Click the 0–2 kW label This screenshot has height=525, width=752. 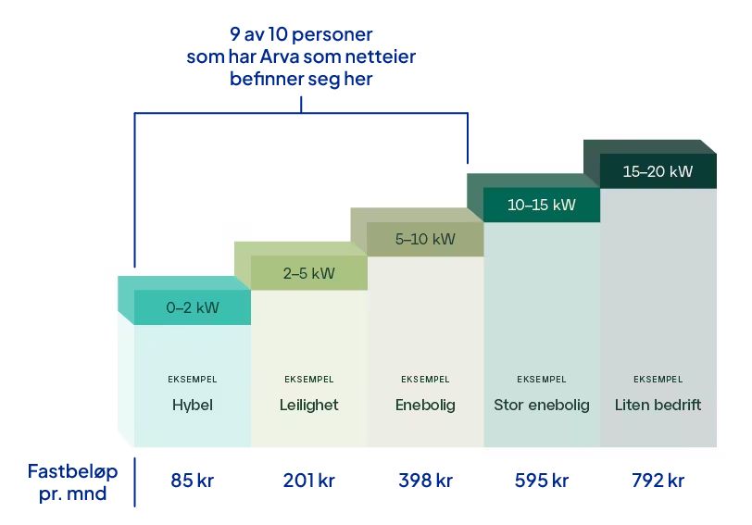[x=193, y=308]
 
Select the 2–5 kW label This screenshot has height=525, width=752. [x=308, y=274]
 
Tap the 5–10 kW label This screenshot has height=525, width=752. [x=425, y=239]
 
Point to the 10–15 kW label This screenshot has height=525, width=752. [x=542, y=205]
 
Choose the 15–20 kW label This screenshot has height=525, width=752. [x=658, y=171]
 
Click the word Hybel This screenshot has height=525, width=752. [x=192, y=405]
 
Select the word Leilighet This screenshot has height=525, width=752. [x=308, y=405]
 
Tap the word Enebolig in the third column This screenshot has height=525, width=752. [x=425, y=405]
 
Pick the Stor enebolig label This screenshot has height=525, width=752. [x=542, y=405]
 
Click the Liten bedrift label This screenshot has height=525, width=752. [x=658, y=405]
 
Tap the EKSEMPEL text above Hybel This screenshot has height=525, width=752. [x=192, y=379]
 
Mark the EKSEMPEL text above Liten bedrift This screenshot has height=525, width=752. [x=658, y=379]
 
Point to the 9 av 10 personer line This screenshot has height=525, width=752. [x=301, y=35]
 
